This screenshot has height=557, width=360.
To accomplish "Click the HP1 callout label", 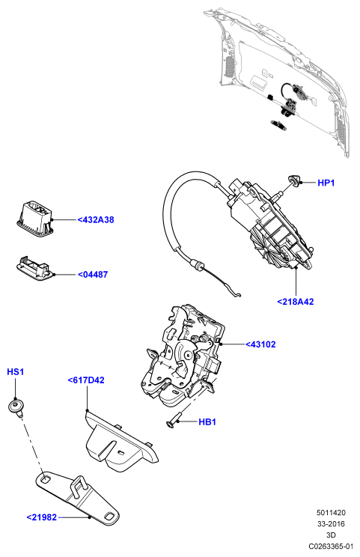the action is coord(326,183).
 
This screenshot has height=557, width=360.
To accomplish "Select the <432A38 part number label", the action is coord(96,219).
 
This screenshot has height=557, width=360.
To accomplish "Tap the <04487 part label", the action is coord(93,274).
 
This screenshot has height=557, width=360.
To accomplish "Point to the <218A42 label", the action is coord(296,302).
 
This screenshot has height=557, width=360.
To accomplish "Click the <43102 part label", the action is coord(260,344).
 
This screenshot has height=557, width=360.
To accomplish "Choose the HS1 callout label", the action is coord(15,372).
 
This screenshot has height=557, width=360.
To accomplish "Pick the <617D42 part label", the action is coord(86,380).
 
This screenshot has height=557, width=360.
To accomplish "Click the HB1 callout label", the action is coord(207,421).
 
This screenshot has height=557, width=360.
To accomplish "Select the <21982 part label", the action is coord(42,517).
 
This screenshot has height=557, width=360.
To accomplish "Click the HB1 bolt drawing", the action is coord(174,420).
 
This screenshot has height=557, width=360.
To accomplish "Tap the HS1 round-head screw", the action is coord(16,407).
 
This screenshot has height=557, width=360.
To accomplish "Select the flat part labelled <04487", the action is coord(34,267).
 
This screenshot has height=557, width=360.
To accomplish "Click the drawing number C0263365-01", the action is coord(331,546).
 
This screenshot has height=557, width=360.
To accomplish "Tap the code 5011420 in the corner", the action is coord(331,513).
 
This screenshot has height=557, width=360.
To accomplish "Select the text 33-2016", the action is coord(331,523).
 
